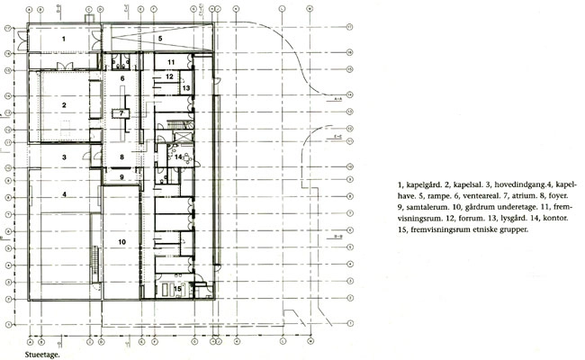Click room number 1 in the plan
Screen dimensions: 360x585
coord(64,40)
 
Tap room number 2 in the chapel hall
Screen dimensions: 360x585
coord(64,105)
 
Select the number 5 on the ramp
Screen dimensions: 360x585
coord(158,40)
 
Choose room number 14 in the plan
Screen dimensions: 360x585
coord(179,158)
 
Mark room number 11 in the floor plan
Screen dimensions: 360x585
coord(170,61)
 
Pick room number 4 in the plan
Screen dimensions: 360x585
coord(64,193)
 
